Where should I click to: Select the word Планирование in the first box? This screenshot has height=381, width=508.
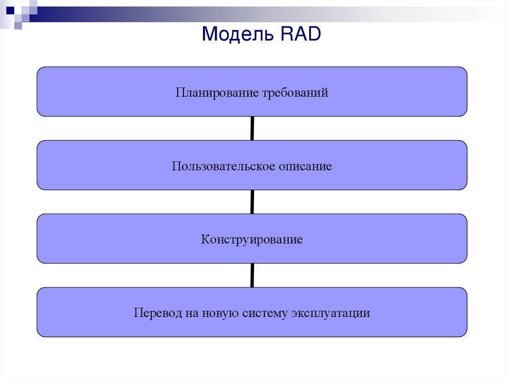214,93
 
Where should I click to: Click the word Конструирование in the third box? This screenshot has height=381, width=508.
252,240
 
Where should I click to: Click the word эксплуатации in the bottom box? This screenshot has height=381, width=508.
331,313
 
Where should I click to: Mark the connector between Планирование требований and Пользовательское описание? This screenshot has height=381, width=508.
253,128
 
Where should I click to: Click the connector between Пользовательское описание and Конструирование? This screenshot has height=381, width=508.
253,202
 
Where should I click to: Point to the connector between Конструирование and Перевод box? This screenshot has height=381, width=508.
253,275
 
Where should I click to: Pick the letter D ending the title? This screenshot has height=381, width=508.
314,35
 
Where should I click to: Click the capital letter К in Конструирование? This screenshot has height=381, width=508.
205,240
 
